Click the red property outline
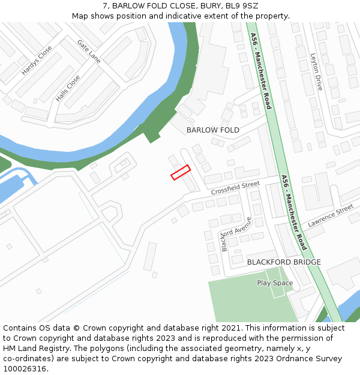click(181, 172)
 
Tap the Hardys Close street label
click(37, 61)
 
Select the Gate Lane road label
click(89, 52)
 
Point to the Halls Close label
click(68, 88)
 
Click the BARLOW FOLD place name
click(212, 130)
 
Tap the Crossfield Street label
click(235, 188)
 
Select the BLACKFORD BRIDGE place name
click(284, 262)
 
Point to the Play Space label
click(275, 283)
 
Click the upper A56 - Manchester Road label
click(261, 71)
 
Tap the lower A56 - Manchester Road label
click(294, 212)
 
